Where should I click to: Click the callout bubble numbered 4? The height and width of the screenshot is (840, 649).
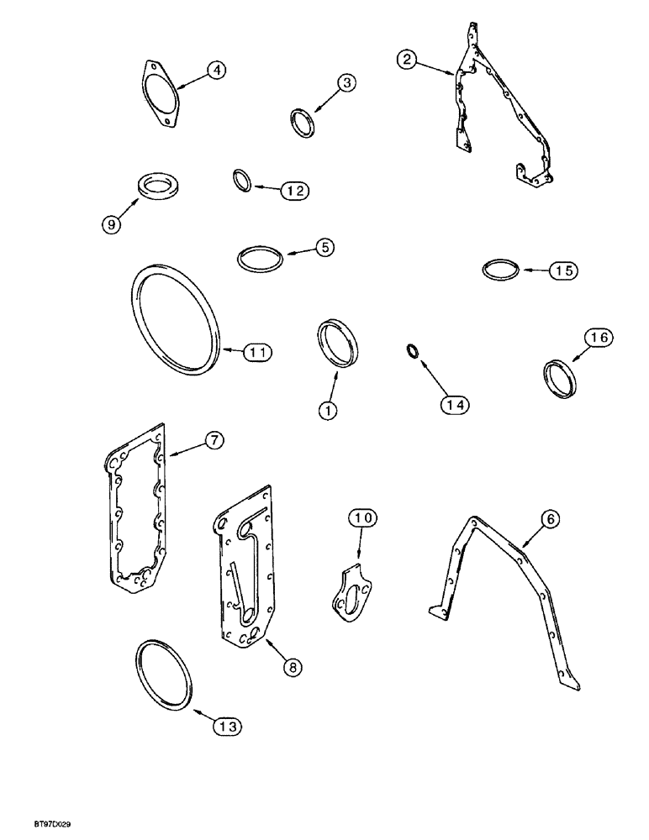tap(216, 71)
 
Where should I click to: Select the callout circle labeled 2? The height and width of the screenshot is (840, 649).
tap(407, 59)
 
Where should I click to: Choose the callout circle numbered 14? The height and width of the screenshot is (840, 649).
tap(455, 404)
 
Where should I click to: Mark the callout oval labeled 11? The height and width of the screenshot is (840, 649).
tap(260, 354)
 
